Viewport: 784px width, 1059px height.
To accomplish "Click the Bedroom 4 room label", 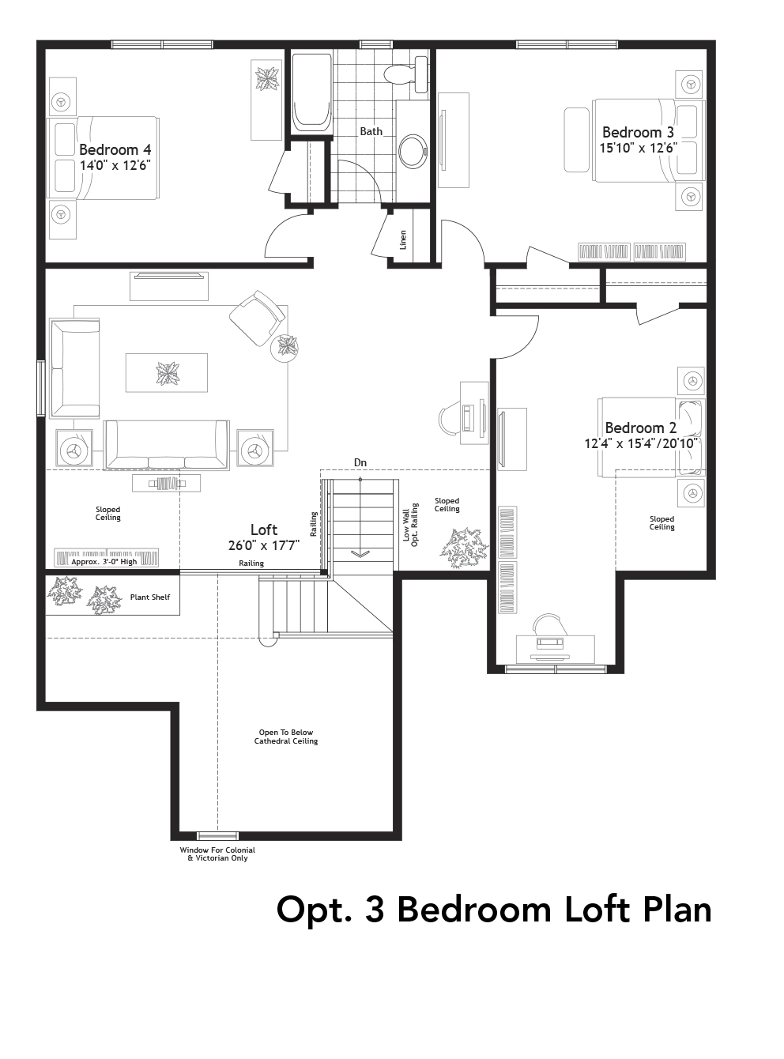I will click(115, 149).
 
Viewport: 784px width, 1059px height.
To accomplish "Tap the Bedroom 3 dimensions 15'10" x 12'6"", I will click(638, 148).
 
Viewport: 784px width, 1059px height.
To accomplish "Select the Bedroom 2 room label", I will click(640, 428).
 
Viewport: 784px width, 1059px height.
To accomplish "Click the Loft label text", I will click(264, 529).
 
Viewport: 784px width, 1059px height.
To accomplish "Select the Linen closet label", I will click(403, 239).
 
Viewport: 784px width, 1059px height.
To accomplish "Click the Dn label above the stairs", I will click(360, 462).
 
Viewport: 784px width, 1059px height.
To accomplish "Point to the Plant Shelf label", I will click(150, 597).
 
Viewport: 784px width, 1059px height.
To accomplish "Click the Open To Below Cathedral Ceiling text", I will click(286, 737).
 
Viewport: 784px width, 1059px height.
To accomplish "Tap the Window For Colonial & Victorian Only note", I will click(217, 854).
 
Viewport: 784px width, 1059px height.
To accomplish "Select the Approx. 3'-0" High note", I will click(104, 561).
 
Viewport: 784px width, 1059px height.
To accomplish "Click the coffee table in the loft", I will click(167, 372).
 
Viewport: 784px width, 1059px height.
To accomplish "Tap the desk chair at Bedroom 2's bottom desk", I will click(551, 626).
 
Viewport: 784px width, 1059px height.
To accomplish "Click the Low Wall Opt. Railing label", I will click(410, 526).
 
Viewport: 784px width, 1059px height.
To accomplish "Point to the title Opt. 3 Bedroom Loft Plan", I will click(494, 909).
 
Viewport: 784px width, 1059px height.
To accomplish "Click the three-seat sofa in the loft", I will click(167, 444).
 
